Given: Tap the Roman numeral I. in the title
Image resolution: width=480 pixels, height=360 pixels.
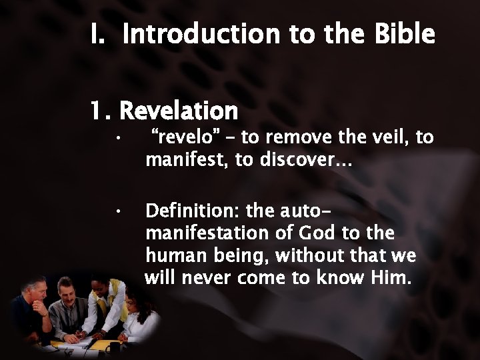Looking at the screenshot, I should click(x=100, y=33).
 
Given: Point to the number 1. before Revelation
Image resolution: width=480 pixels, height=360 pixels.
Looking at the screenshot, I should click(x=103, y=110).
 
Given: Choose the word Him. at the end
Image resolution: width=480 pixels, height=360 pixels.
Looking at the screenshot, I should click(x=387, y=277).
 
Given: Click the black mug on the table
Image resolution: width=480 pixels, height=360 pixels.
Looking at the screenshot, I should click(x=111, y=347).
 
